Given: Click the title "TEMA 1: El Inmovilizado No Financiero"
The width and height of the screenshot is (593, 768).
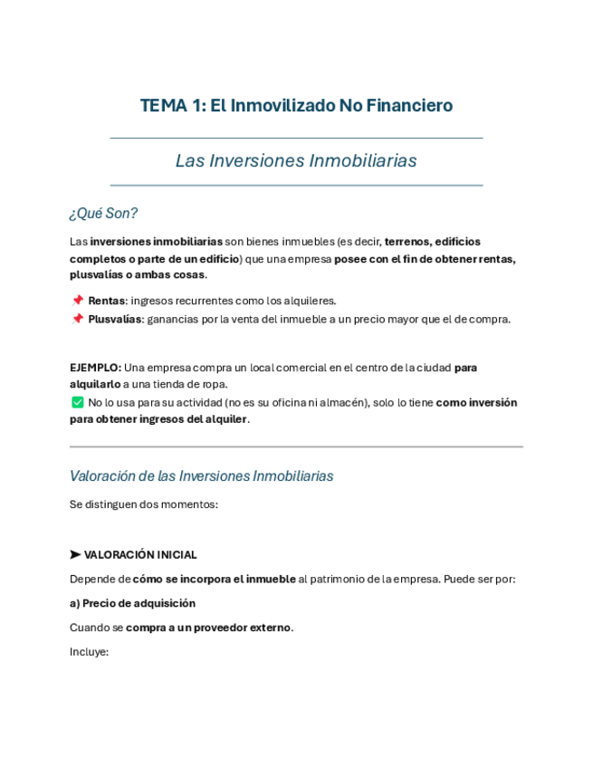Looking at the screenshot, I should point(296,106).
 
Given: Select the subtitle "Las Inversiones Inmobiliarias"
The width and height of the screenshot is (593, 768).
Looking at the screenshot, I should point(296,161).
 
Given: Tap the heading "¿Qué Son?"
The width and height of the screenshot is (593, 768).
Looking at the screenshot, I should point(103,214).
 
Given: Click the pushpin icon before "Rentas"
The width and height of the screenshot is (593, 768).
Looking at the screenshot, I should point(77,301).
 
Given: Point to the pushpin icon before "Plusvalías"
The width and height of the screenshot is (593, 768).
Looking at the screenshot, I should point(77,319).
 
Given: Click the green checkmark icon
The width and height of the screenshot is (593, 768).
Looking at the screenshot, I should point(77,402).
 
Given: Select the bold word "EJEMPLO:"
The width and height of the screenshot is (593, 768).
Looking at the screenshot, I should point(95,368).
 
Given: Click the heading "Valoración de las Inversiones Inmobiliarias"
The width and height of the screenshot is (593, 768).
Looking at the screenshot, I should point(201,475).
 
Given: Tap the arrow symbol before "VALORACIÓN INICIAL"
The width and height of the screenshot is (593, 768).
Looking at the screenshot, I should point(75,554).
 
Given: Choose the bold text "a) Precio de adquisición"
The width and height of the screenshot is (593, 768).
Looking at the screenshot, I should point(132,603).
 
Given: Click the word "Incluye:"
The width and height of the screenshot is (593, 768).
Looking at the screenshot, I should point(89,650).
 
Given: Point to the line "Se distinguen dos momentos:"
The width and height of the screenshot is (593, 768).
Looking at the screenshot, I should point(143,504).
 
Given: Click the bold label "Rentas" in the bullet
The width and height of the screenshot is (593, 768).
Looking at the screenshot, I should point(107,301).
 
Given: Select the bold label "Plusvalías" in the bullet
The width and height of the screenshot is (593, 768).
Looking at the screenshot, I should point(115,319).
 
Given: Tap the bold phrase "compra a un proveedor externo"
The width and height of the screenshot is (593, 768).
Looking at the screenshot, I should point(208,627).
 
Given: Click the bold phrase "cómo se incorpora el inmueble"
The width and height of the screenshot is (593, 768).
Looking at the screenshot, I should point(214,579).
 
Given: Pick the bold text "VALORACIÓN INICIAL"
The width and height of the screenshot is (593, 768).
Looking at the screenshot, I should point(140,554).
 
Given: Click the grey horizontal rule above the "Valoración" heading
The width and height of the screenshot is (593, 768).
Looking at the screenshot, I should point(296,446).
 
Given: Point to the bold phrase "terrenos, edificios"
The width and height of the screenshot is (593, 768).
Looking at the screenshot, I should point(433,242).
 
